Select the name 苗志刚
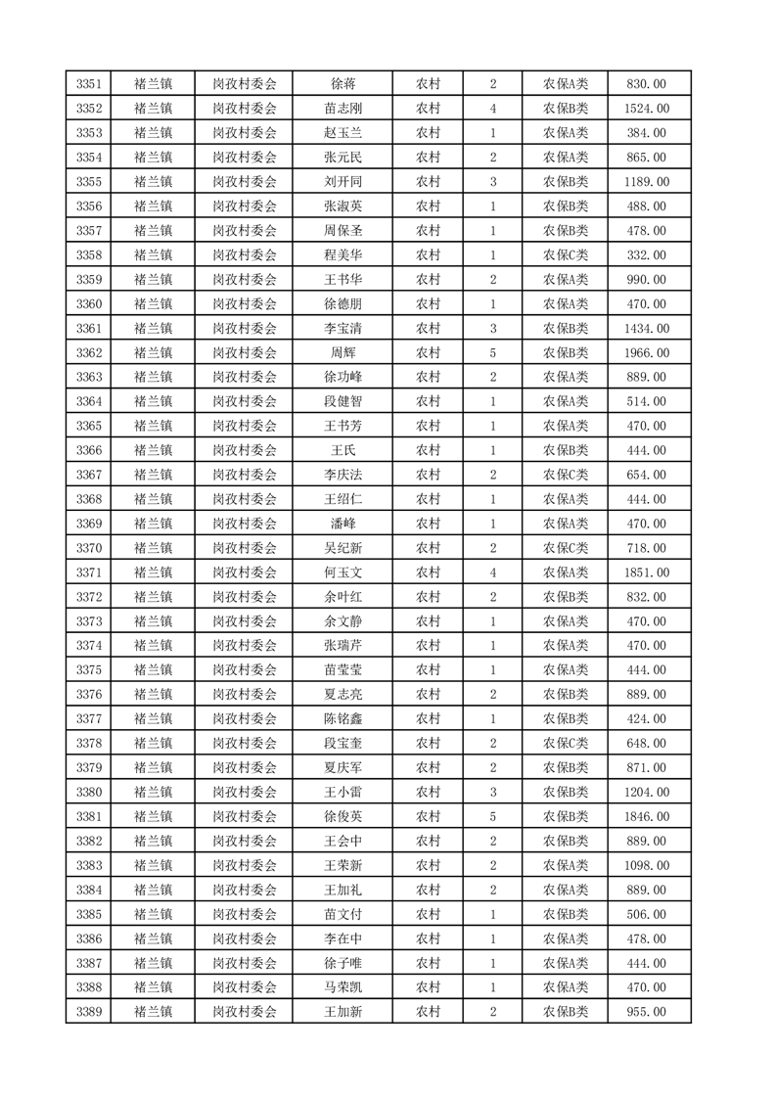(342, 109)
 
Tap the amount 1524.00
(649, 109)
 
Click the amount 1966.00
(649, 352)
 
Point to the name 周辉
(342, 352)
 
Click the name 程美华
(342, 255)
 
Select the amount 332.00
(649, 255)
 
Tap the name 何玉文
(342, 572)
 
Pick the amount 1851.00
(649, 572)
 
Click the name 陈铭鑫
(342, 718)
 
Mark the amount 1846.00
(649, 816)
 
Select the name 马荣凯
(342, 987)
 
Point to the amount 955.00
(649, 1012)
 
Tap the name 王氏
(342, 450)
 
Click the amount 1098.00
(649, 865)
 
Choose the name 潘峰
(342, 524)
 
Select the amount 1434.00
(649, 328)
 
